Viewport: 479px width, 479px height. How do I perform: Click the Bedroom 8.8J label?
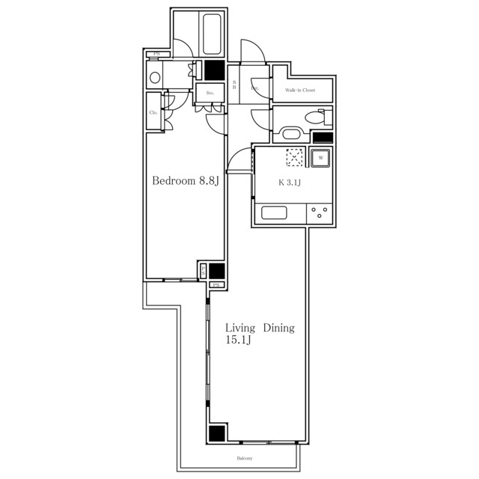pyautogui.click(x=185, y=181)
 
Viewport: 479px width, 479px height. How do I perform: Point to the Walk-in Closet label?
pyautogui.click(x=299, y=91)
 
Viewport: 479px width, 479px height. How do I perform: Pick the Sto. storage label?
pyautogui.click(x=210, y=94)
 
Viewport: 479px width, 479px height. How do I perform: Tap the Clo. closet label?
pyautogui.click(x=153, y=112)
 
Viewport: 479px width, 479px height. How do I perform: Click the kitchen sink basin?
pyautogui.click(x=272, y=213)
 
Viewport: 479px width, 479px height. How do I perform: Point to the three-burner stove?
pyautogui.click(x=320, y=212)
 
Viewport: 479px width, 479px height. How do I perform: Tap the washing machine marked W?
pyautogui.click(x=320, y=158)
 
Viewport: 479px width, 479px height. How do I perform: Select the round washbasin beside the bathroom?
pyautogui.click(x=155, y=76)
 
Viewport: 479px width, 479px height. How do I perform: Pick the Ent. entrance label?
pyautogui.click(x=255, y=88)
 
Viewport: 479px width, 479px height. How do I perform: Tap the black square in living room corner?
pyautogui.click(x=217, y=433)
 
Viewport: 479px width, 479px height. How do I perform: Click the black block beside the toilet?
pyautogui.click(x=323, y=138)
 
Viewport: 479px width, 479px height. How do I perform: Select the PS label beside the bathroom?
pyautogui.click(x=156, y=54)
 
